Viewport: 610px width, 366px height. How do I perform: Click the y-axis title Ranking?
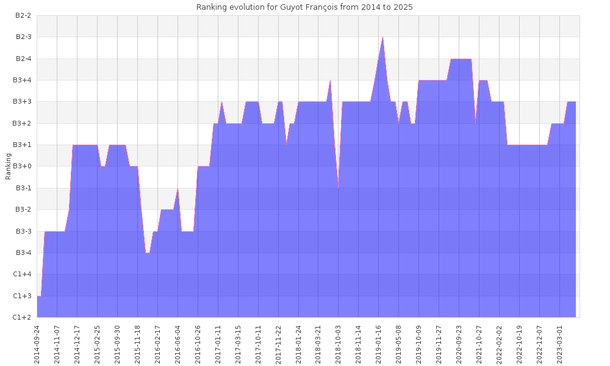[x=9, y=166]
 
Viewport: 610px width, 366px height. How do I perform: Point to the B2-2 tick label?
[x=23, y=16]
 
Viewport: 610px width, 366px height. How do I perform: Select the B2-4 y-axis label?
[x=23, y=59]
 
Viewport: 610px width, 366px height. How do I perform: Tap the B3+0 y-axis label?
[x=23, y=167]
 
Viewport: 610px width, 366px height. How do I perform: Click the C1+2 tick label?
[x=23, y=317]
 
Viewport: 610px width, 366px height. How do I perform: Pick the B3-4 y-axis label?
[x=23, y=253]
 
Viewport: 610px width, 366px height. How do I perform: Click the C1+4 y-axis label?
[x=23, y=274]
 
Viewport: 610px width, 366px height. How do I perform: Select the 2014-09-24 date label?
[x=37, y=344]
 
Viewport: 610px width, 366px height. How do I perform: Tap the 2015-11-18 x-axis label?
[x=138, y=344]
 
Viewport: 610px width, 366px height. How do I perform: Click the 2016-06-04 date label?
[x=178, y=344]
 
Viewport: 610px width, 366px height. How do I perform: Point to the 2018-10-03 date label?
[x=339, y=344]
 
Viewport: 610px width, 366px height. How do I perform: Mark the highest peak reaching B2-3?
[x=382, y=37]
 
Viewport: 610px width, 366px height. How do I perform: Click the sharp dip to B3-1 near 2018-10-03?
[x=339, y=188]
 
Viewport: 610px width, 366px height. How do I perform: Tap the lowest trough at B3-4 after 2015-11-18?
[x=148, y=253]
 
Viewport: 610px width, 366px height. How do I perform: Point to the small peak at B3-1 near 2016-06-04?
[x=178, y=188]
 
